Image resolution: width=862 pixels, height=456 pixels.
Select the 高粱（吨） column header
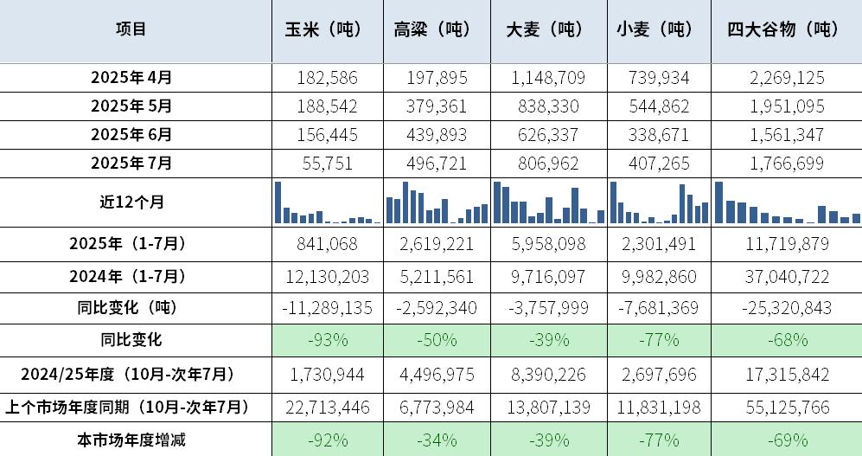pyautogui.click(x=431, y=29)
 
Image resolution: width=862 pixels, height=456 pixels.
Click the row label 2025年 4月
pyautogui.click(x=131, y=77)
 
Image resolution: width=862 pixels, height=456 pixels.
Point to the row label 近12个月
pyautogui.click(x=131, y=202)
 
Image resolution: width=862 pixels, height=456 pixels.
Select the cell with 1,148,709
pyautogui.click(x=547, y=78)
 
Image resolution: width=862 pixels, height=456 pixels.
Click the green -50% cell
pyautogui.click(x=437, y=339)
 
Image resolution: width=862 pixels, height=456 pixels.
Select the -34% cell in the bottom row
pyautogui.click(x=437, y=440)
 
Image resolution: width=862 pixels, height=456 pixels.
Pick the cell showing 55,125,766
pyautogui.click(x=784, y=407)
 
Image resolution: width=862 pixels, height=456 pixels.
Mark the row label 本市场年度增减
pyautogui.click(x=131, y=440)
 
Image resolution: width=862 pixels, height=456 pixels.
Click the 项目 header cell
pyautogui.click(x=131, y=29)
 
